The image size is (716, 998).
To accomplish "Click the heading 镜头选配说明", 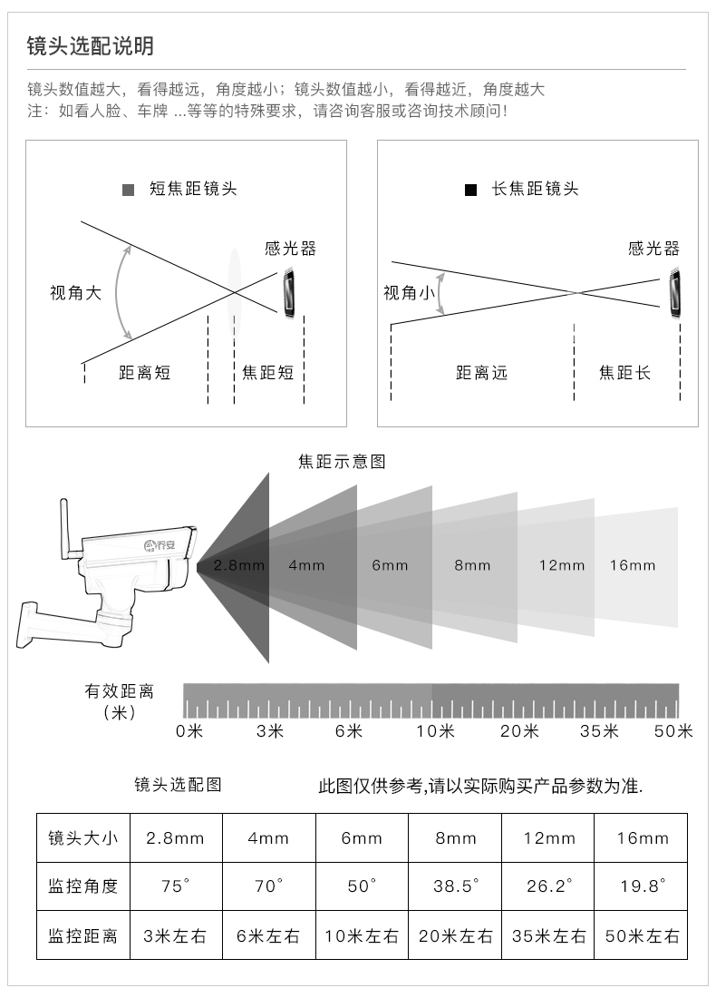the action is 91,46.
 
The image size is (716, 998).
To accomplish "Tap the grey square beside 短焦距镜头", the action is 128,190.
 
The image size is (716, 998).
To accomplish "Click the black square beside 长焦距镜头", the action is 470,190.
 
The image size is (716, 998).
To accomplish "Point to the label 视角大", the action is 75,293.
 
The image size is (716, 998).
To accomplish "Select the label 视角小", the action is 409,293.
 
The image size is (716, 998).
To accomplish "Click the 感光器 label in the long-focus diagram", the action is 654,249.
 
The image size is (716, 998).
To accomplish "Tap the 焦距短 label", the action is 267,372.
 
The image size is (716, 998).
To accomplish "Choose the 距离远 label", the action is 481,372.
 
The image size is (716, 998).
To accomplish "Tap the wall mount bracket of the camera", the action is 57,624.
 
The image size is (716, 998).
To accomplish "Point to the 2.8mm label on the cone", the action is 238,565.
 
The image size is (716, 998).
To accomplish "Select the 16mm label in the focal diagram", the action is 632,565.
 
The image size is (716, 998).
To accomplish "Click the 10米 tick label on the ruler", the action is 436,730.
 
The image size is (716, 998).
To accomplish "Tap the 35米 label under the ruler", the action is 599,730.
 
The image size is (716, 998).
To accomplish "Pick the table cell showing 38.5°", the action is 455,886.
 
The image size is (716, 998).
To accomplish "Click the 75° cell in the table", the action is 176,886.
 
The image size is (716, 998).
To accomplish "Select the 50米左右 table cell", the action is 641,935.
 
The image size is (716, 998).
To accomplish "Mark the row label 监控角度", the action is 83,886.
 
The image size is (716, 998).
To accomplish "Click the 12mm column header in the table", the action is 548,838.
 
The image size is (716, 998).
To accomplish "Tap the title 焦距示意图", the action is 342,462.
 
